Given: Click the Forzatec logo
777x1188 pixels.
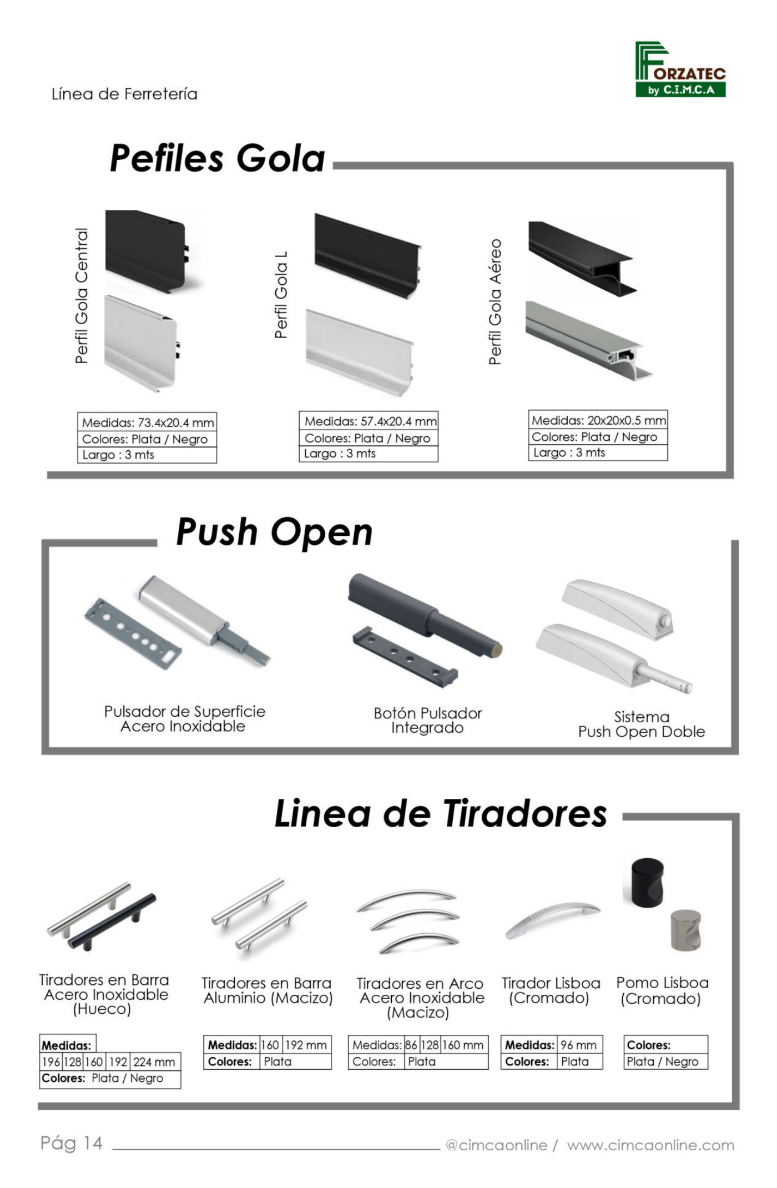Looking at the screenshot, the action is tap(680, 69).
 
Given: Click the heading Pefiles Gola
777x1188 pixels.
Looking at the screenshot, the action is tap(218, 158).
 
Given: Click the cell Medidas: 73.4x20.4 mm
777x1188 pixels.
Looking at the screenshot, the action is tap(147, 422).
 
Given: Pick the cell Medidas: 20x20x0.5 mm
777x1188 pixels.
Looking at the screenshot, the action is tap(598, 420).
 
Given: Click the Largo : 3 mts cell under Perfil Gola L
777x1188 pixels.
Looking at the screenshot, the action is tap(369, 454).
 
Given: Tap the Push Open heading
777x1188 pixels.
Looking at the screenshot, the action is tap(274, 532).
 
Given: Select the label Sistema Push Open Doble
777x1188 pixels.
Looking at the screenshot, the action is tap(642, 724).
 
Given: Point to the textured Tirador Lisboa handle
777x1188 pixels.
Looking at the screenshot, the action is tap(553, 919).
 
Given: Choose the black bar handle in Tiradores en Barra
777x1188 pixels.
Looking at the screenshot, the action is tap(113, 922).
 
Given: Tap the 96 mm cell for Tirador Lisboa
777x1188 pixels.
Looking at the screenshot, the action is tap(579, 1045).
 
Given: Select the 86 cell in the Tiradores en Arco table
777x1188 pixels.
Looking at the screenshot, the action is tap(411, 1045).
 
